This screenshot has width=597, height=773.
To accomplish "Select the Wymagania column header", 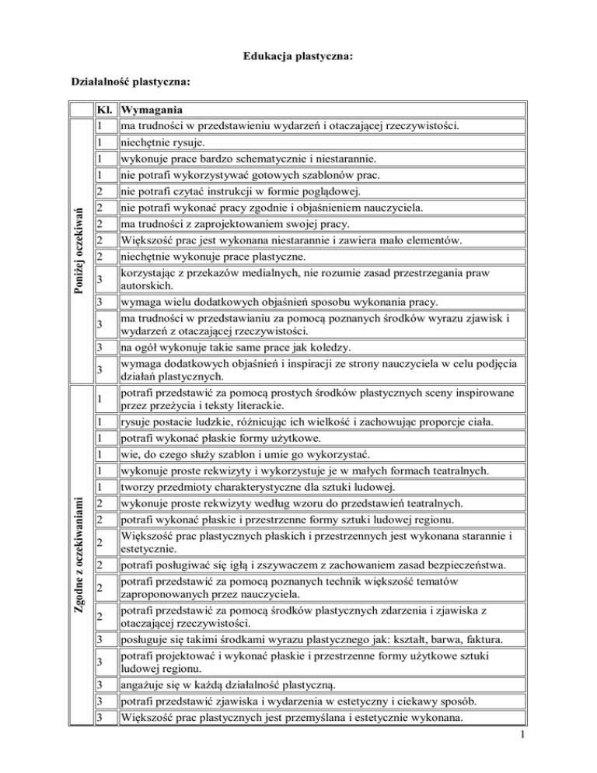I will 151,110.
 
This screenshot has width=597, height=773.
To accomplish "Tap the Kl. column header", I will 105,110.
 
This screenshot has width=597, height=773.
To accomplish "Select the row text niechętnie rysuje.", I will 161,143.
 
